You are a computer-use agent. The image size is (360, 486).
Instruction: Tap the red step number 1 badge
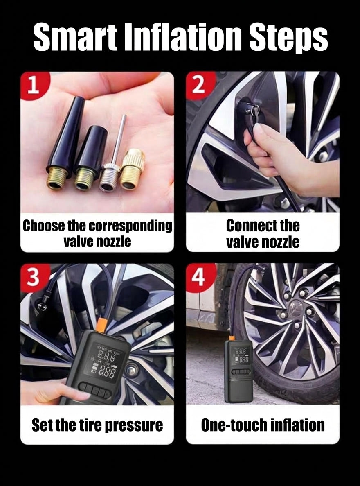[34, 85]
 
